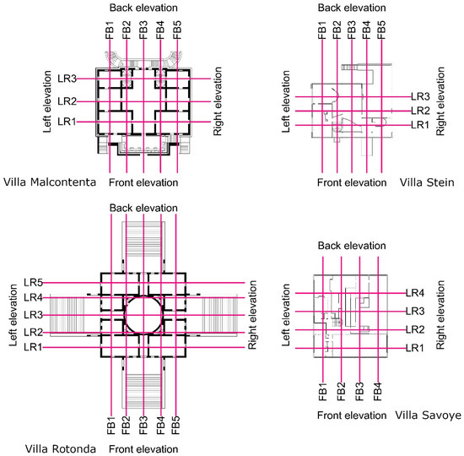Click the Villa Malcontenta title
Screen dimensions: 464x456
coord(50,182)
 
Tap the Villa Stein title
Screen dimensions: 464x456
coord(427,182)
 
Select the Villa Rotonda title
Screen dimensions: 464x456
coord(61,449)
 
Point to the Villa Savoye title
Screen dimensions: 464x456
coord(429,415)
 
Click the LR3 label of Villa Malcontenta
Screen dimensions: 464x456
coord(67,79)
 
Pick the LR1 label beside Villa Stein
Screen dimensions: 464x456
coord(420,125)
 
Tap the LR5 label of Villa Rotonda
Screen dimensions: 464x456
coord(34,283)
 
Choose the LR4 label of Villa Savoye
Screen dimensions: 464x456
coord(415,293)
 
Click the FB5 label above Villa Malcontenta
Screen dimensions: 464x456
coord(177,30)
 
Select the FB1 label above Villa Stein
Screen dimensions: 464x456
coord(322,30)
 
